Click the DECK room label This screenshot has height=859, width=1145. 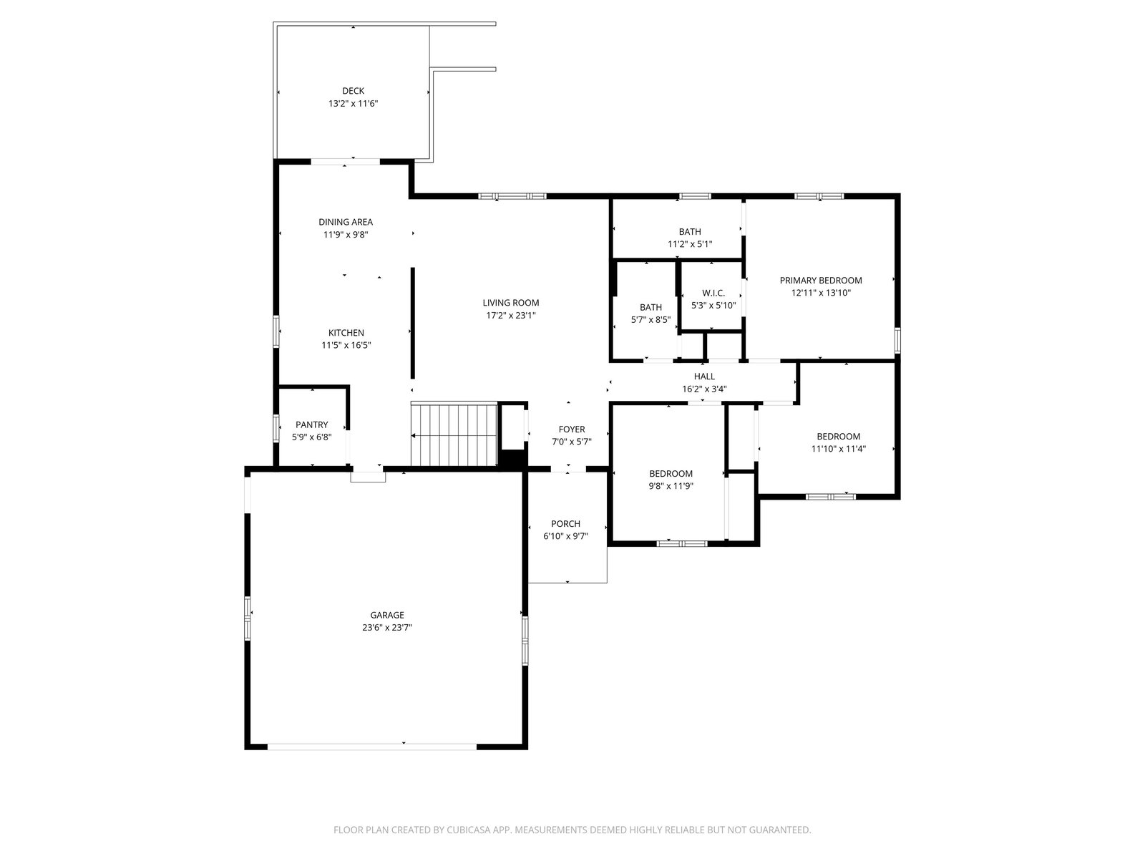click(353, 91)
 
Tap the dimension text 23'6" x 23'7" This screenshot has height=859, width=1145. click(387, 628)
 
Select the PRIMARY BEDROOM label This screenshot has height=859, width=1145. click(821, 280)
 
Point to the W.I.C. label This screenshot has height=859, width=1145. click(713, 293)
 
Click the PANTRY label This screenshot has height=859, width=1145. click(312, 424)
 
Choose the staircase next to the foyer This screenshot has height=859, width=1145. click(454, 434)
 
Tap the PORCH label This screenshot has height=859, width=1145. click(565, 524)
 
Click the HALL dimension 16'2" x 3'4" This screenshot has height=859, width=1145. click(704, 389)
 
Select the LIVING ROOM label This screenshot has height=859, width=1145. click(511, 303)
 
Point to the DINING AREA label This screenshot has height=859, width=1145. click(346, 222)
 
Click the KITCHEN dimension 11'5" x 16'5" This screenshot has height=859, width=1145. click(346, 345)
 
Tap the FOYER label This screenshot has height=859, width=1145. click(572, 429)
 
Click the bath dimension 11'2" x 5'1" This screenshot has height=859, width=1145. click(690, 243)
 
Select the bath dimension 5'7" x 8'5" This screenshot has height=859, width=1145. click(651, 320)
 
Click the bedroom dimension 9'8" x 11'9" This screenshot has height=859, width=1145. click(671, 486)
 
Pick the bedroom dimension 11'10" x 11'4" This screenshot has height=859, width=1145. click(838, 449)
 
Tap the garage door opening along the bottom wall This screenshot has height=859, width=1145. click(372, 747)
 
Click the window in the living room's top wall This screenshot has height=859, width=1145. click(512, 196)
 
